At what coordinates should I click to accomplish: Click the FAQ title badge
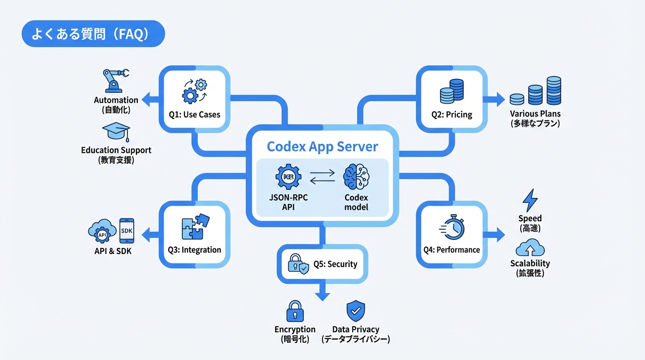click(x=93, y=34)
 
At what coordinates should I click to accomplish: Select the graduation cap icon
click(x=116, y=132)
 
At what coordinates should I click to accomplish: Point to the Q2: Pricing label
click(x=451, y=114)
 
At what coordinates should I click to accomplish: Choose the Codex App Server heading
click(x=322, y=147)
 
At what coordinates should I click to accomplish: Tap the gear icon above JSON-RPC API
click(x=288, y=179)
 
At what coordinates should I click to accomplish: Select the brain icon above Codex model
click(x=356, y=178)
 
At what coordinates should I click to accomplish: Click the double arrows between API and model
click(x=322, y=177)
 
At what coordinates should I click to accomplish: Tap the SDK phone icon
click(x=127, y=231)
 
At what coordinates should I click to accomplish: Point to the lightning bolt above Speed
click(x=530, y=200)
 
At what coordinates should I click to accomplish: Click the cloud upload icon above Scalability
click(x=530, y=247)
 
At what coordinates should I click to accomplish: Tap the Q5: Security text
click(x=335, y=264)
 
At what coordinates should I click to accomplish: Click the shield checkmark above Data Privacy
click(x=356, y=310)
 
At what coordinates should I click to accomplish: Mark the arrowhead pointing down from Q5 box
click(x=322, y=296)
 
